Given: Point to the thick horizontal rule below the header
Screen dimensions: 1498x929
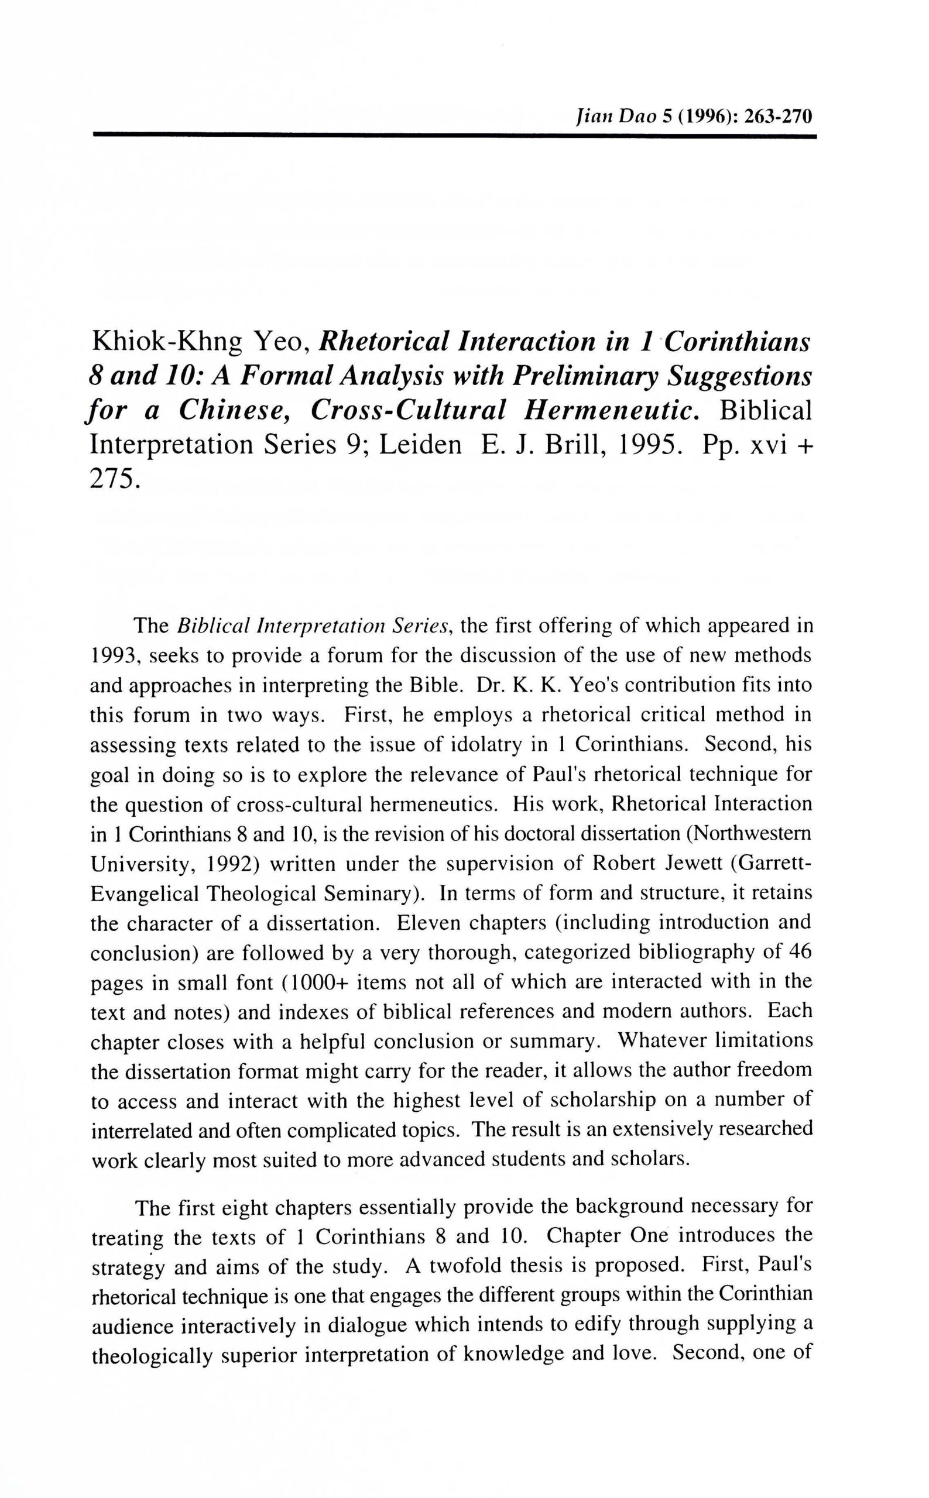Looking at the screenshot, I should point(454,135).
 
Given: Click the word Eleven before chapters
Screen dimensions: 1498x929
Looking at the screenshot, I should point(427,923).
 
